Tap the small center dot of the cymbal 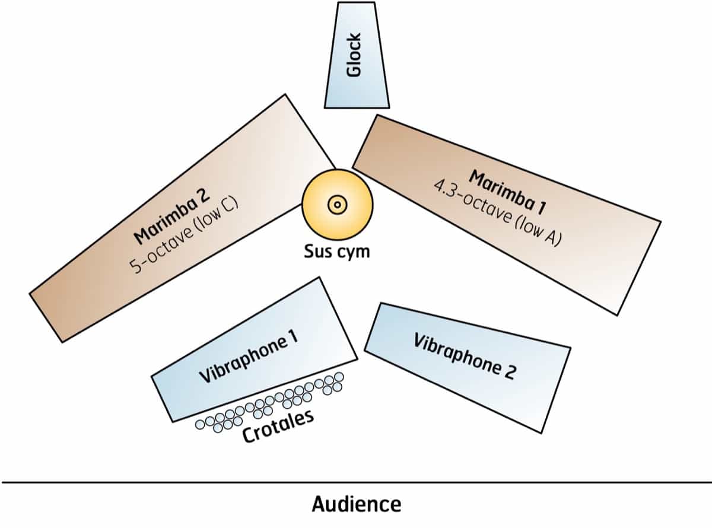point(337,204)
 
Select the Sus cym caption point(336,251)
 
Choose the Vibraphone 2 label point(465,357)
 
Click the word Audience point(356,504)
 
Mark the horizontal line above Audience point(356,483)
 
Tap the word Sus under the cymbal point(318,251)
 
